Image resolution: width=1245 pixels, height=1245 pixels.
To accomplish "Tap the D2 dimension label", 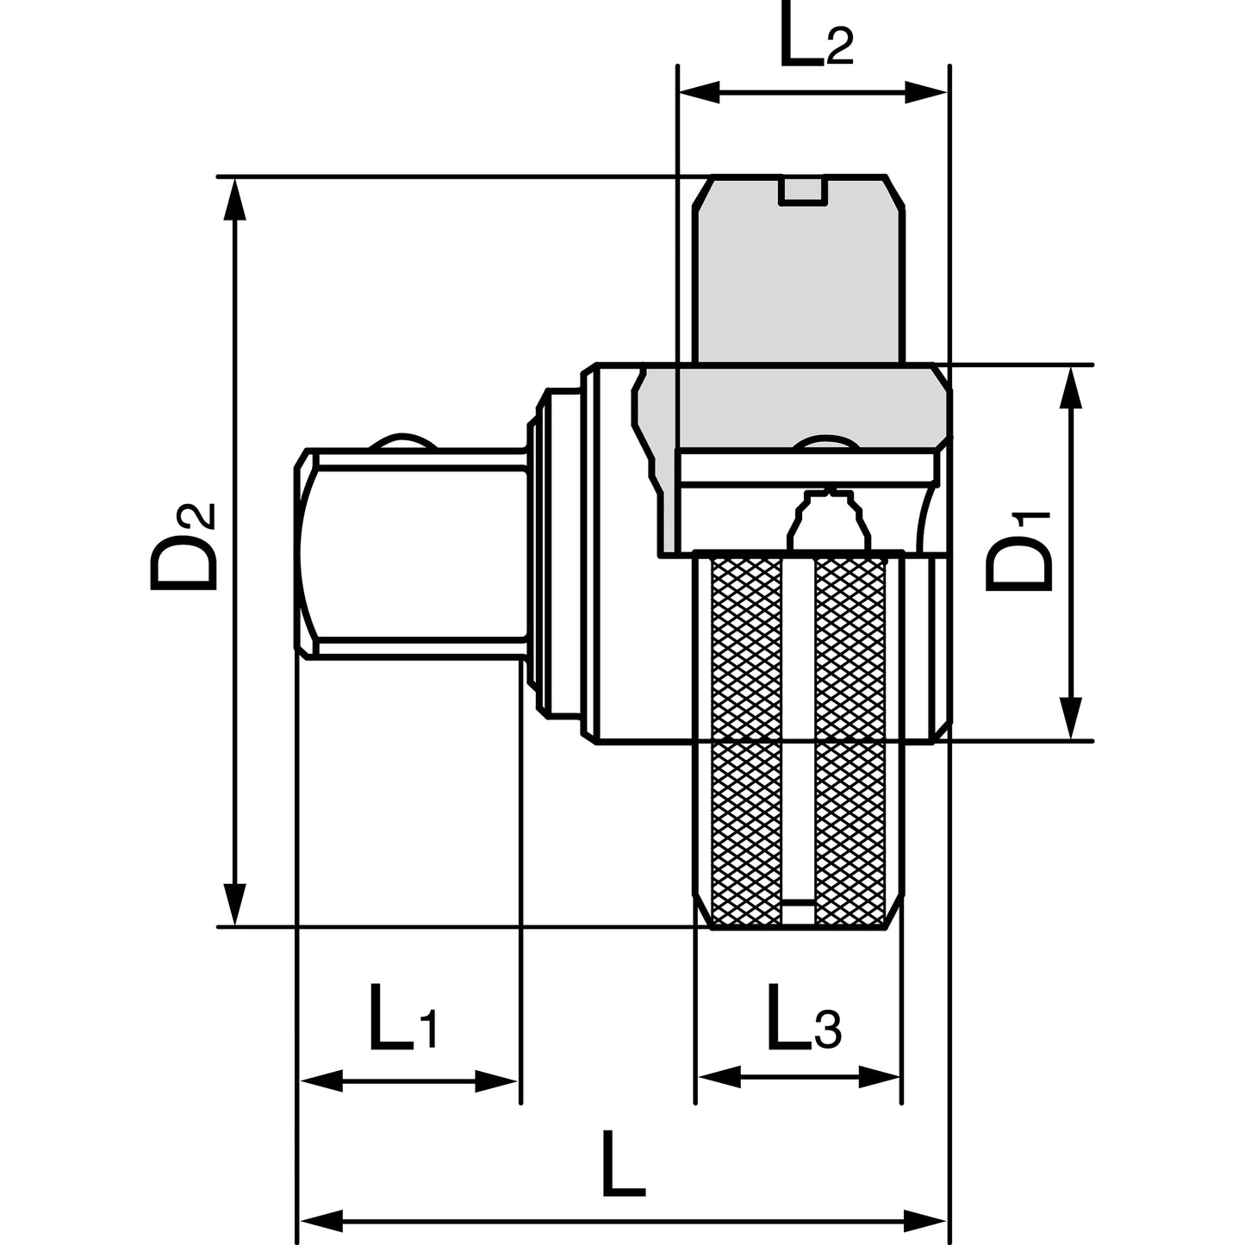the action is (183, 547).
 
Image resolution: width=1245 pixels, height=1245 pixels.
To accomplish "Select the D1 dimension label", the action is (1018, 551).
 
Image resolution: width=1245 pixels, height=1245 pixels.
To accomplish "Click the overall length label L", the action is (623, 1161).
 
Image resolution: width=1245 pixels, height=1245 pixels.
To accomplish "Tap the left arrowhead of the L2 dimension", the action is (699, 92).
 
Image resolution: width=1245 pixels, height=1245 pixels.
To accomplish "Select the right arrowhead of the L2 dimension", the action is (925, 92).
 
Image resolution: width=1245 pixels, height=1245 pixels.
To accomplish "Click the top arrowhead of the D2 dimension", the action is (235, 198).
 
